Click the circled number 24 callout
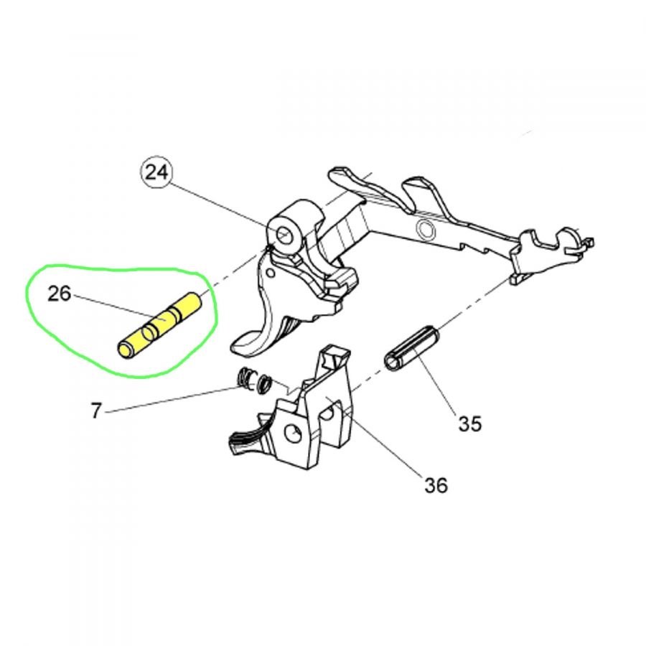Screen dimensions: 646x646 tap(157, 172)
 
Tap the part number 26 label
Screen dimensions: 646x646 tap(60, 294)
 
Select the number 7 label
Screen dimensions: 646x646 tap(96, 411)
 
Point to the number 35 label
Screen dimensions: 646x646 tap(470, 423)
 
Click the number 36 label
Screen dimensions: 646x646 tap(436, 485)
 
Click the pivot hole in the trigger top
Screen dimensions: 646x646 tap(283, 235)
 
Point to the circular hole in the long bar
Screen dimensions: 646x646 tap(425, 229)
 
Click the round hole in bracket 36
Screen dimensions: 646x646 tap(293, 434)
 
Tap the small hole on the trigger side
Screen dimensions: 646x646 tap(271, 273)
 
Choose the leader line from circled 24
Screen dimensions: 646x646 tap(226, 208)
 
